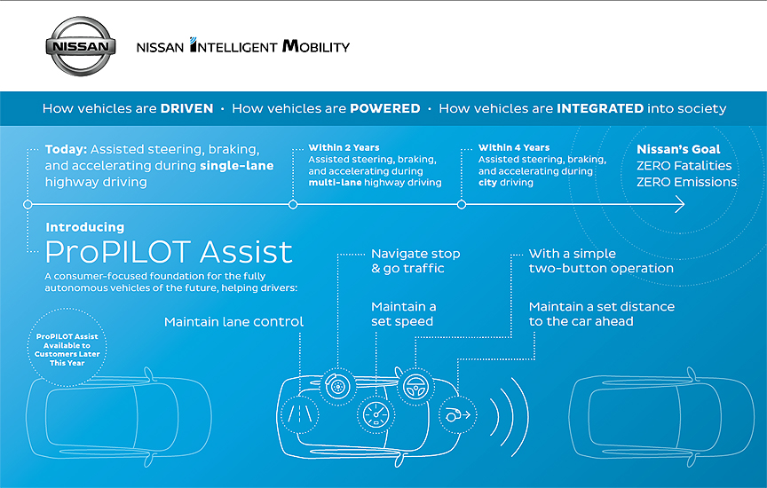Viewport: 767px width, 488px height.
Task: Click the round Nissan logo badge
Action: click(x=81, y=46)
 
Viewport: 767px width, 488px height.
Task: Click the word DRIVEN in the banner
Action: click(x=186, y=108)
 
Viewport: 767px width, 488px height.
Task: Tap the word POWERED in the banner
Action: click(x=385, y=108)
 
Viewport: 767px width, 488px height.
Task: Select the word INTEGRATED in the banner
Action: click(x=600, y=108)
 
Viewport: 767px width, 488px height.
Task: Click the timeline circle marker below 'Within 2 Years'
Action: click(x=293, y=204)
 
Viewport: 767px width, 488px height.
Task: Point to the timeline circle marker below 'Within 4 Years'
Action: click(x=462, y=204)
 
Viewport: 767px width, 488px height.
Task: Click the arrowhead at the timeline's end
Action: click(x=680, y=204)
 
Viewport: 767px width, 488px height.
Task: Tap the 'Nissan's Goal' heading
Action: click(x=678, y=149)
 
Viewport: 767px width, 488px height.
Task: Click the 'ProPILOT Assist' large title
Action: click(x=169, y=252)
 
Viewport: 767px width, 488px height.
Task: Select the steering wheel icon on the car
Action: click(x=415, y=387)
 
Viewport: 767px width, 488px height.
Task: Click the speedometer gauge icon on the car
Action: click(x=376, y=414)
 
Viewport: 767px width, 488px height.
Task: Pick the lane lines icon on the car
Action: click(x=300, y=414)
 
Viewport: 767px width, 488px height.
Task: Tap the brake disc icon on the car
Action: click(x=337, y=387)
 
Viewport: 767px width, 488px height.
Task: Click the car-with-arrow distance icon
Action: click(x=458, y=414)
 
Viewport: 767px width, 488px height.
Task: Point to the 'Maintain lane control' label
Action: click(x=233, y=322)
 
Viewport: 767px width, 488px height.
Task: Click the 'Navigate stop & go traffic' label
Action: click(x=415, y=261)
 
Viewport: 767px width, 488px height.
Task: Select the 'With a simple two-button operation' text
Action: click(x=601, y=261)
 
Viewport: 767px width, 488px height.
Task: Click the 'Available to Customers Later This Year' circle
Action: click(x=67, y=347)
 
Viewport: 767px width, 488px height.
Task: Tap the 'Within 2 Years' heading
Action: click(x=344, y=147)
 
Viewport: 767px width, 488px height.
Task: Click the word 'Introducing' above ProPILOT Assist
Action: click(x=85, y=227)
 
